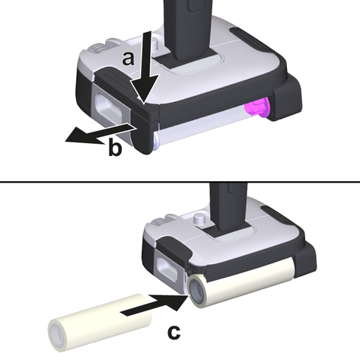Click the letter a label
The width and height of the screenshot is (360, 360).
tap(128, 59)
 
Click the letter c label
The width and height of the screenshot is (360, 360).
tap(174, 332)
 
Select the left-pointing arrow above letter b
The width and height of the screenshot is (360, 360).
tap(101, 133)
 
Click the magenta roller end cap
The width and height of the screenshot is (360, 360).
tap(256, 109)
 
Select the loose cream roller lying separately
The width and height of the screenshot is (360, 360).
tap(100, 322)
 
